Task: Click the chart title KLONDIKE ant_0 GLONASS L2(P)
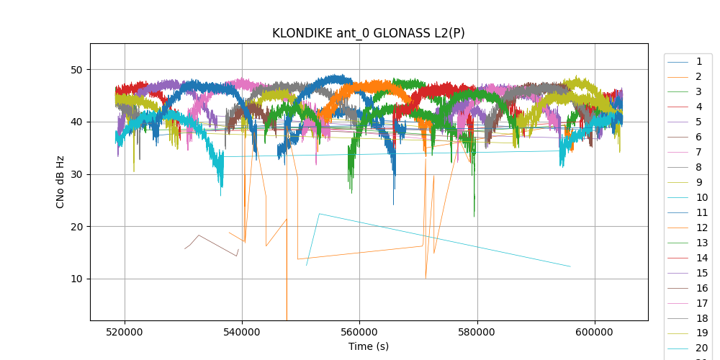pos(363,33)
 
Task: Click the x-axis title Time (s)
pos(369,346)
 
